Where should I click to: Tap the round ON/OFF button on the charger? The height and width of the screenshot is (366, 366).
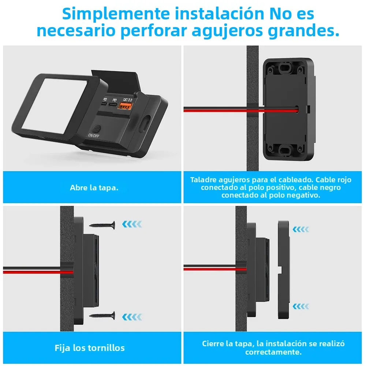tap(97, 129)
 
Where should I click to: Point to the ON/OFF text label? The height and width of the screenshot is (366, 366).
tap(94, 135)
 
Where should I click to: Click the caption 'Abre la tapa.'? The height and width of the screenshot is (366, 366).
tap(94, 188)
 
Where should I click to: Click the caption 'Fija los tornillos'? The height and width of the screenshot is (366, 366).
tap(90, 348)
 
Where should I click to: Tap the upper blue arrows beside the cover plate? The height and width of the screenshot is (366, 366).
tap(301, 229)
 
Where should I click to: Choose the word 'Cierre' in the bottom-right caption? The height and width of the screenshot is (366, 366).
tap(214, 344)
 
